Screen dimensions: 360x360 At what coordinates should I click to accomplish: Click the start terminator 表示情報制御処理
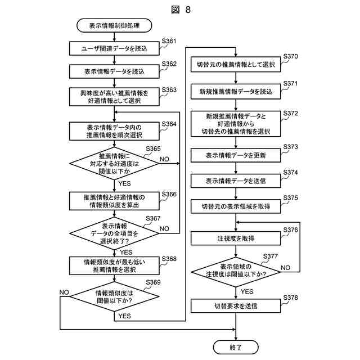tap(114, 25)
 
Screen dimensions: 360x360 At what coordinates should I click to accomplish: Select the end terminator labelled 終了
tap(236, 347)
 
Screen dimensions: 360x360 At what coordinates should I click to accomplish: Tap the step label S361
tap(169, 41)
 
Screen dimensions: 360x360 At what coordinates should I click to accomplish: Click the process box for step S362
tap(114, 71)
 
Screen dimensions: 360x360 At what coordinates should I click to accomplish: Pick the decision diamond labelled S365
tap(114, 164)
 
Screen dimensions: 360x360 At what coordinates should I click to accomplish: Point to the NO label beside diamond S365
tap(164, 159)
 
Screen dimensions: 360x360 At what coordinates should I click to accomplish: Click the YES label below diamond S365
tap(124, 183)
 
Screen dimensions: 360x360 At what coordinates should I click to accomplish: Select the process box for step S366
tap(114, 201)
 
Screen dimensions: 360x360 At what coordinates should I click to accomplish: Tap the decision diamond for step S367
tap(114, 233)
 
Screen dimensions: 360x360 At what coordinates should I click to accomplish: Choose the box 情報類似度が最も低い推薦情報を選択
tap(114, 265)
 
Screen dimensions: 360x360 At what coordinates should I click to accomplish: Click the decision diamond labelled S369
tap(114, 296)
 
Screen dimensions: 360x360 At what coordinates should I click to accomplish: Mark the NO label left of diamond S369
tap(64, 292)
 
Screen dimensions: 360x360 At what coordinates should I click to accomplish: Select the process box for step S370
tap(236, 65)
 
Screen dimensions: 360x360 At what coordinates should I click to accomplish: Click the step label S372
tap(290, 114)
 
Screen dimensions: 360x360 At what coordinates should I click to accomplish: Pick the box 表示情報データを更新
tap(236, 155)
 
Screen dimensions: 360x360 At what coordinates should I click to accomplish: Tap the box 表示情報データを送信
tap(236, 181)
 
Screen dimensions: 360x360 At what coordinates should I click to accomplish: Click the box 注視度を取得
tap(236, 238)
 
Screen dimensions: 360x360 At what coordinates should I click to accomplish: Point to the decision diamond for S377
tap(236, 272)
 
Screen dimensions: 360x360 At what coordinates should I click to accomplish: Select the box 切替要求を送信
tap(236, 306)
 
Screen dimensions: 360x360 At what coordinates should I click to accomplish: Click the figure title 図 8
tap(181, 10)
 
